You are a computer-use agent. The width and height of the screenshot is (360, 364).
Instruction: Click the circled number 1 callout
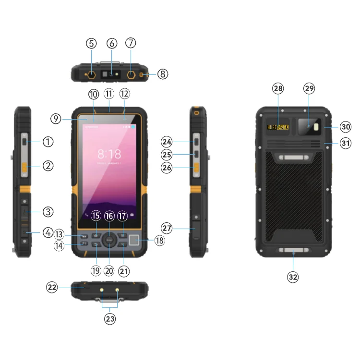coord(48,142)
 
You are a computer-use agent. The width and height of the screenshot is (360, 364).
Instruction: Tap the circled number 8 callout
coord(163,74)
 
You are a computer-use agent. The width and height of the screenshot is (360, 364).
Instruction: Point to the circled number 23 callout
coord(110,318)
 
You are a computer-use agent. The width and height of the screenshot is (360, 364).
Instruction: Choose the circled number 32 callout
coord(293,277)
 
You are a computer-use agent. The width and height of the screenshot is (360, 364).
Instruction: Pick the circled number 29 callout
coord(309,88)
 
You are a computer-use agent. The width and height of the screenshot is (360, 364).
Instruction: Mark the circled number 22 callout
coord(52,287)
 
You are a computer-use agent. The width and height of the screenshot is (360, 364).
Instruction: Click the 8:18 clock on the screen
coord(109,154)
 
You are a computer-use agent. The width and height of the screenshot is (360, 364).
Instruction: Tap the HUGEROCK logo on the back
coord(278,127)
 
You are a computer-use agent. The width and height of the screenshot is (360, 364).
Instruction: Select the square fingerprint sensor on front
coord(134,241)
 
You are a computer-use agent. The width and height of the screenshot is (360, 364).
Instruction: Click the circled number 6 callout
coord(111,43)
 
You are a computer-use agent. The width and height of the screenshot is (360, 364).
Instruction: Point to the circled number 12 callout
coord(124,93)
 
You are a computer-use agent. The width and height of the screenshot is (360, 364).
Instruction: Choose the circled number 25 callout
coord(167,155)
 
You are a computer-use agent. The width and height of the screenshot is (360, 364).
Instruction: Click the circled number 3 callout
coord(48,211)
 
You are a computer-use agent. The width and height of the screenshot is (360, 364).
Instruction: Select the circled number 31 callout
coord(345,143)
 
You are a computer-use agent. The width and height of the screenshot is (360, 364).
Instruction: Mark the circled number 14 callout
coord(59,245)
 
